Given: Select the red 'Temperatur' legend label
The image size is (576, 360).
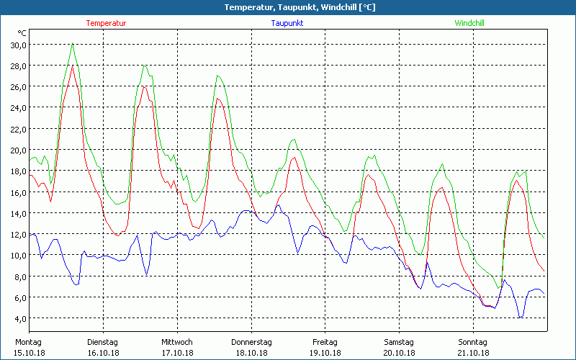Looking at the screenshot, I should [x=106, y=23].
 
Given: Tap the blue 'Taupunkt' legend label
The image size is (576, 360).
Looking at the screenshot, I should [x=287, y=23].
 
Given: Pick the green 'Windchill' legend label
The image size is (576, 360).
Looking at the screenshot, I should [x=469, y=23].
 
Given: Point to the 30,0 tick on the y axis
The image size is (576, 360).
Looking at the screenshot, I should [x=17, y=45].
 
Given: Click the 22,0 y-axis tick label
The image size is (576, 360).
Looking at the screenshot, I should [x=17, y=129].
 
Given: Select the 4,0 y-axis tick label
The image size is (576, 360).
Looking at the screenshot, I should [x=19, y=318].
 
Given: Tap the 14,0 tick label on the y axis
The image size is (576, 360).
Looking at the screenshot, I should [x=17, y=213].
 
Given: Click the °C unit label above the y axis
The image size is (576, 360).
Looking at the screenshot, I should [x=22, y=33].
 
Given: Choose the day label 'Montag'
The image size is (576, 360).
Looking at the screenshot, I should [x=28, y=342].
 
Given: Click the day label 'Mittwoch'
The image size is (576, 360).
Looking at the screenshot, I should [x=177, y=342].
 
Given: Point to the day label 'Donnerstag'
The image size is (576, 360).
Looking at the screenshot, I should [x=251, y=342].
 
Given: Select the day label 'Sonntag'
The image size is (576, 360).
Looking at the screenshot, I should [x=473, y=342].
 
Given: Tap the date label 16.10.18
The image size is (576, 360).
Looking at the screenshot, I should [x=103, y=353].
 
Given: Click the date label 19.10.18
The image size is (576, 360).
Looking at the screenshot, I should [x=325, y=353].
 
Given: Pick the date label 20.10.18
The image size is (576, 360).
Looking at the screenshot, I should [x=399, y=353].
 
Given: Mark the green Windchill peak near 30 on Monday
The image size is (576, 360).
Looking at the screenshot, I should [x=73, y=43].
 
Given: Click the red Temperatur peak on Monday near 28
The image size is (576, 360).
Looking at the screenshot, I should [x=73, y=66].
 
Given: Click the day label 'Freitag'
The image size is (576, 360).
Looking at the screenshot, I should [x=325, y=342].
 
